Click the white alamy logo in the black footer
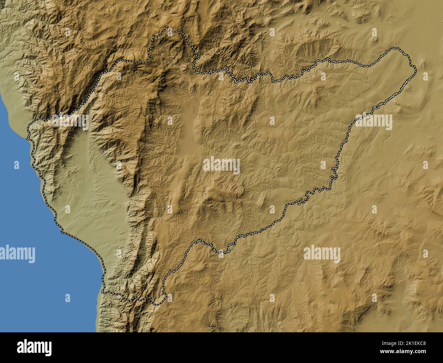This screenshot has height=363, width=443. tap(34, 347)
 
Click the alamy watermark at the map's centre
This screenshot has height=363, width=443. tap(221, 166)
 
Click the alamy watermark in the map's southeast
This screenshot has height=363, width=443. tap(322, 254)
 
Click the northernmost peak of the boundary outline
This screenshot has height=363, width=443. tap(166, 27)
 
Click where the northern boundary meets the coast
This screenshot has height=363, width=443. tap(29, 129)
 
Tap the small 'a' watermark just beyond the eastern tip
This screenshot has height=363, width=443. tap(425, 76)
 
